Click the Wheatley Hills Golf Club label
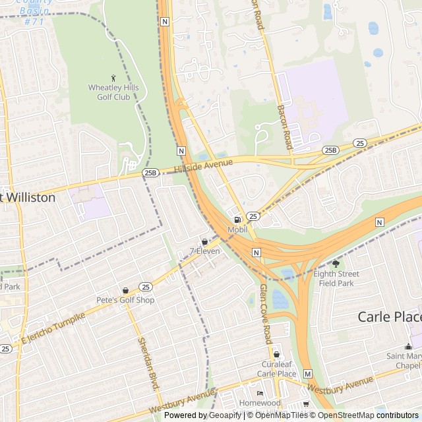click(x=109, y=92)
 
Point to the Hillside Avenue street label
click(x=204, y=166)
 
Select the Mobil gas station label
click(x=237, y=229)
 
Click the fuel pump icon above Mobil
click(x=237, y=220)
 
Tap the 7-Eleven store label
click(x=204, y=251)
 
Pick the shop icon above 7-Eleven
click(x=204, y=241)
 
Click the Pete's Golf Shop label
click(x=125, y=300)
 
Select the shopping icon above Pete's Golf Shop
click(x=125, y=290)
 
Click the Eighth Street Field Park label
click(x=334, y=278)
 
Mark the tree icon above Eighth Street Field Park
click(x=336, y=264)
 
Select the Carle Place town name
click(x=389, y=316)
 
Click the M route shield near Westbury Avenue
click(x=307, y=374)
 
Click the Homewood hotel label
click(x=260, y=403)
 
